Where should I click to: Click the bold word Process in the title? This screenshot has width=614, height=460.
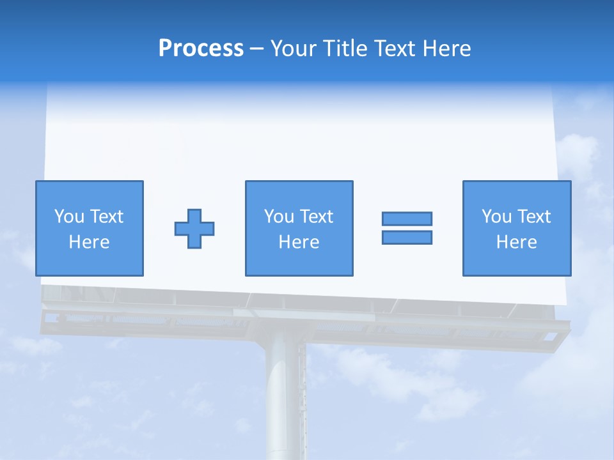tap(201, 49)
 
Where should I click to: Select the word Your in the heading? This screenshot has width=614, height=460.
tap(292, 49)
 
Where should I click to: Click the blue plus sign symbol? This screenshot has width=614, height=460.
tap(194, 229)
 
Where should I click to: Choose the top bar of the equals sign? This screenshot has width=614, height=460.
tap(407, 218)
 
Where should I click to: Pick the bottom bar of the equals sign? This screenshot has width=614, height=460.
tap(407, 237)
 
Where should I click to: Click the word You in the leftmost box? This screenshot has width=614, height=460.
tap(69, 217)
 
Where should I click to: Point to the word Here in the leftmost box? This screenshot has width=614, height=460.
tap(89, 242)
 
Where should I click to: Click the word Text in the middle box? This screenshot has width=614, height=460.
tap(316, 217)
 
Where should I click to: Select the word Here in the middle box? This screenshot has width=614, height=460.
tap(299, 242)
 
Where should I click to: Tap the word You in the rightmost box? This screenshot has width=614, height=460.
tap(496, 217)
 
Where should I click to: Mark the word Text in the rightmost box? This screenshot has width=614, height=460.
tap(533, 217)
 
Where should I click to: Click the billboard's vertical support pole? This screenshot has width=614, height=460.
tap(285, 396)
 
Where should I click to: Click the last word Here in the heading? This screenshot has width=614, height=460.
tap(447, 49)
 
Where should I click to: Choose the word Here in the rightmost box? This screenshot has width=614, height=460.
tap(517, 242)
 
